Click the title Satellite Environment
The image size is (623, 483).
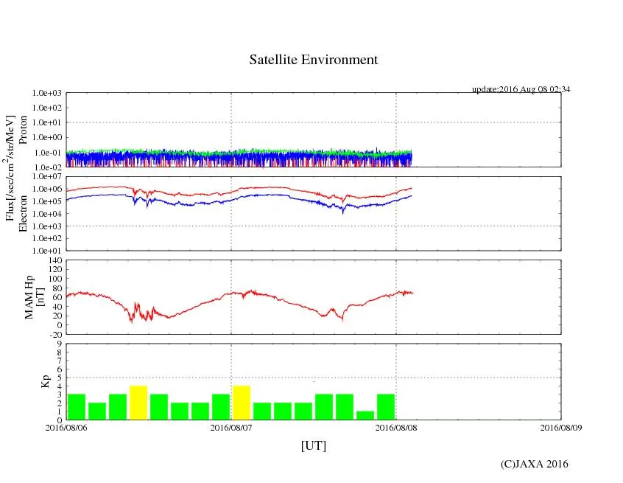(313, 60)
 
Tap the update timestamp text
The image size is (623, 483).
(521, 89)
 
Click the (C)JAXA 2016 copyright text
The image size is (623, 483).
(534, 464)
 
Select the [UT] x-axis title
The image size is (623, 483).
(313, 445)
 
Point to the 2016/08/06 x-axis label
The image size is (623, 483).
(66, 426)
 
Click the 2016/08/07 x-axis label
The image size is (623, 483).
(231, 426)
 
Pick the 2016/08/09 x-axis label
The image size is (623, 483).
(561, 426)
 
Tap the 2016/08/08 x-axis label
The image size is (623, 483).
(396, 426)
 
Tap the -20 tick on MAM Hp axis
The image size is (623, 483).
(54, 334)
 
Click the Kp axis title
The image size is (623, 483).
(43, 382)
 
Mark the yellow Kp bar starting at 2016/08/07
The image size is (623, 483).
(242, 403)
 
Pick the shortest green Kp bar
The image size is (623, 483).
(365, 415)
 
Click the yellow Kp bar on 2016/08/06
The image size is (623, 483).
(138, 403)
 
